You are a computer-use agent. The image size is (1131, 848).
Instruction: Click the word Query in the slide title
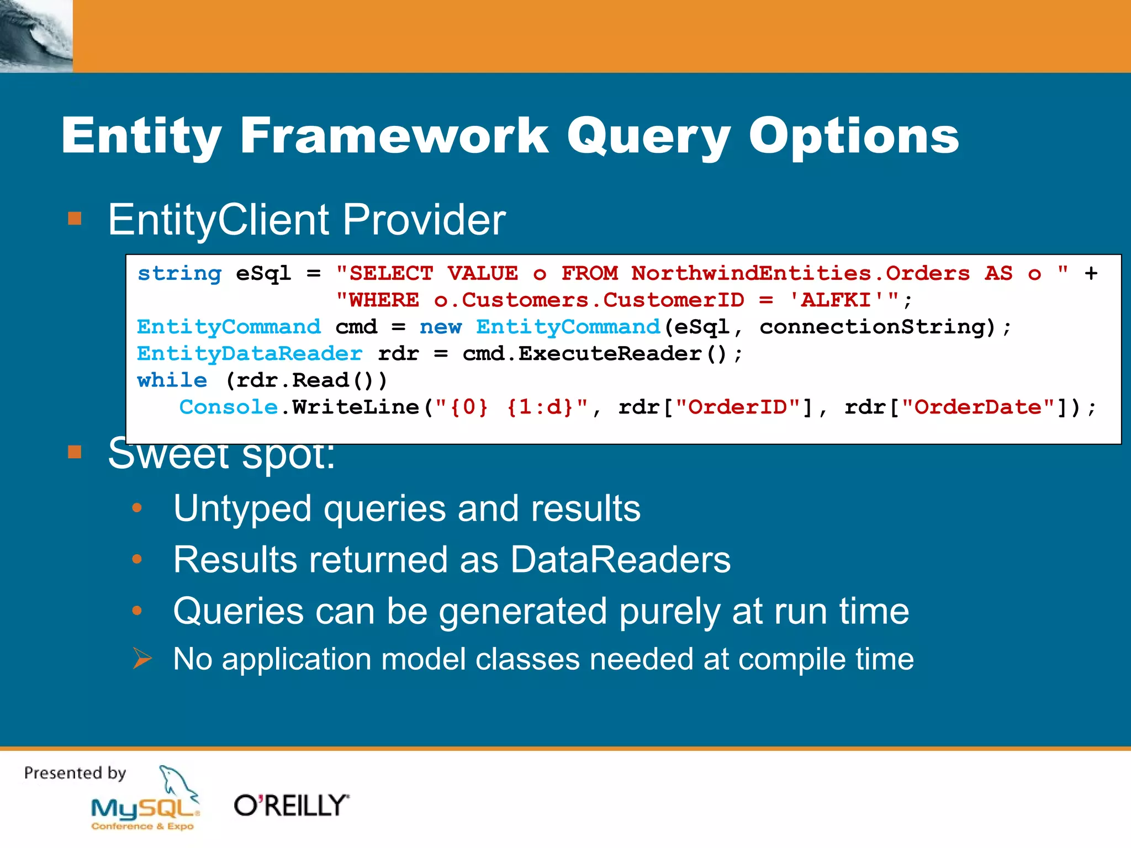(x=648, y=137)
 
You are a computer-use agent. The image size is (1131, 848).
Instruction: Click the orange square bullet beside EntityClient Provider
(x=75, y=219)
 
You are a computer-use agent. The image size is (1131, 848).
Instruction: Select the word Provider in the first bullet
(x=424, y=220)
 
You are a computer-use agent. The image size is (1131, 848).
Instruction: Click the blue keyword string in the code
(x=179, y=273)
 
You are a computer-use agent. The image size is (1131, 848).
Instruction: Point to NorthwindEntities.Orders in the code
(x=800, y=273)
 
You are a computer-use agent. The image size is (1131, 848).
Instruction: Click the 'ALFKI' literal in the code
(x=837, y=300)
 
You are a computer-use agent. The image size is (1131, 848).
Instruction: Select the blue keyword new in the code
(x=440, y=327)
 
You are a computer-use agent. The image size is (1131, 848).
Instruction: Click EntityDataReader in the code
(x=250, y=353)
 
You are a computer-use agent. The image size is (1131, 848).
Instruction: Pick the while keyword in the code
(x=172, y=380)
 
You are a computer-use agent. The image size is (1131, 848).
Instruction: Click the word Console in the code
(x=228, y=407)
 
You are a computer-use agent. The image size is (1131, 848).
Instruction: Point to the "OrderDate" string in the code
(x=978, y=407)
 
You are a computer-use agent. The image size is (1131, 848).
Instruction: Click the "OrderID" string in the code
(x=738, y=407)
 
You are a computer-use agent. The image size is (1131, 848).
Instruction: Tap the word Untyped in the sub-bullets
(x=242, y=508)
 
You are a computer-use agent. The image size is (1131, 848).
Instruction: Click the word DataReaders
(x=620, y=560)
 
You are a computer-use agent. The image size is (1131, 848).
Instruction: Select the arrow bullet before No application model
(x=142, y=659)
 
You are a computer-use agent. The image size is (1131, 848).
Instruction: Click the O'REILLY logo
(x=292, y=805)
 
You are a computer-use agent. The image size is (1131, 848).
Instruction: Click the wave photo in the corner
(x=36, y=36)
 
